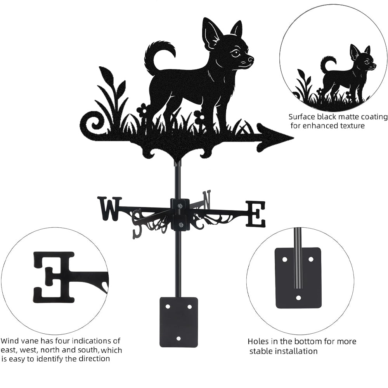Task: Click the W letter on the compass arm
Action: point(110,209)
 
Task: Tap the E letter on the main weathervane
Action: point(256,214)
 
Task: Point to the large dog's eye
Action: point(235,53)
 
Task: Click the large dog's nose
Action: point(251,59)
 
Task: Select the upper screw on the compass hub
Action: point(180,205)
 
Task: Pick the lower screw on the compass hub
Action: point(180,225)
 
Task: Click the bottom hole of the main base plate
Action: point(178,338)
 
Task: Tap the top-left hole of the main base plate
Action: point(168,307)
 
